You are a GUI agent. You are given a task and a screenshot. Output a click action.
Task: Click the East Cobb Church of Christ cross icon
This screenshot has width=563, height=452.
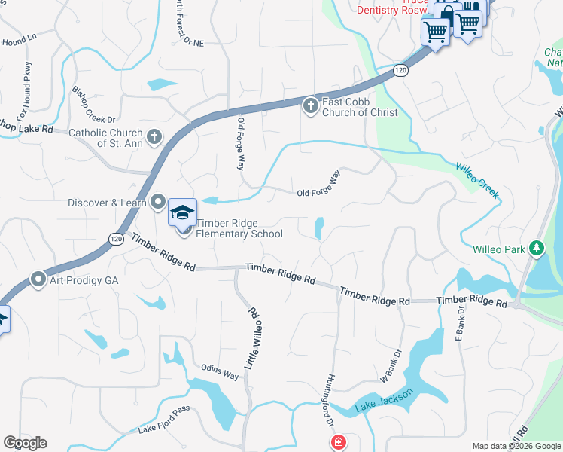[309, 106]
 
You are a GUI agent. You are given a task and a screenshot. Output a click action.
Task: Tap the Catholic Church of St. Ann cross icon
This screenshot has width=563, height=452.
[154, 136]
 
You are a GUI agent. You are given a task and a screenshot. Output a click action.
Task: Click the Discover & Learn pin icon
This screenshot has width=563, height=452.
[158, 201]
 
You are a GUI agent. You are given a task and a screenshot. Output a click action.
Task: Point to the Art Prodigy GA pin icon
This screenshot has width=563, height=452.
[38, 279]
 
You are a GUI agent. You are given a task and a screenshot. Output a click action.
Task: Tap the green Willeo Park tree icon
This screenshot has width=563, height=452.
[536, 248]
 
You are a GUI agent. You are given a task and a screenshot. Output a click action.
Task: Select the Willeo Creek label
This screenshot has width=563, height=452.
[477, 179]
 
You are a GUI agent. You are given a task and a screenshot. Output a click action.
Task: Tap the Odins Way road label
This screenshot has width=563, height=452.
[220, 371]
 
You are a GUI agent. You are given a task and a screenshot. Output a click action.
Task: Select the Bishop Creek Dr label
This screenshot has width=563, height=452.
[93, 104]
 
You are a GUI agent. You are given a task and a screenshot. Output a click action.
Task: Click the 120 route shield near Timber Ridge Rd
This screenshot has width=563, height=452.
[115, 239]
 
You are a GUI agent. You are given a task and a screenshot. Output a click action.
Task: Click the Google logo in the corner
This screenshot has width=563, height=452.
[25, 443]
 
